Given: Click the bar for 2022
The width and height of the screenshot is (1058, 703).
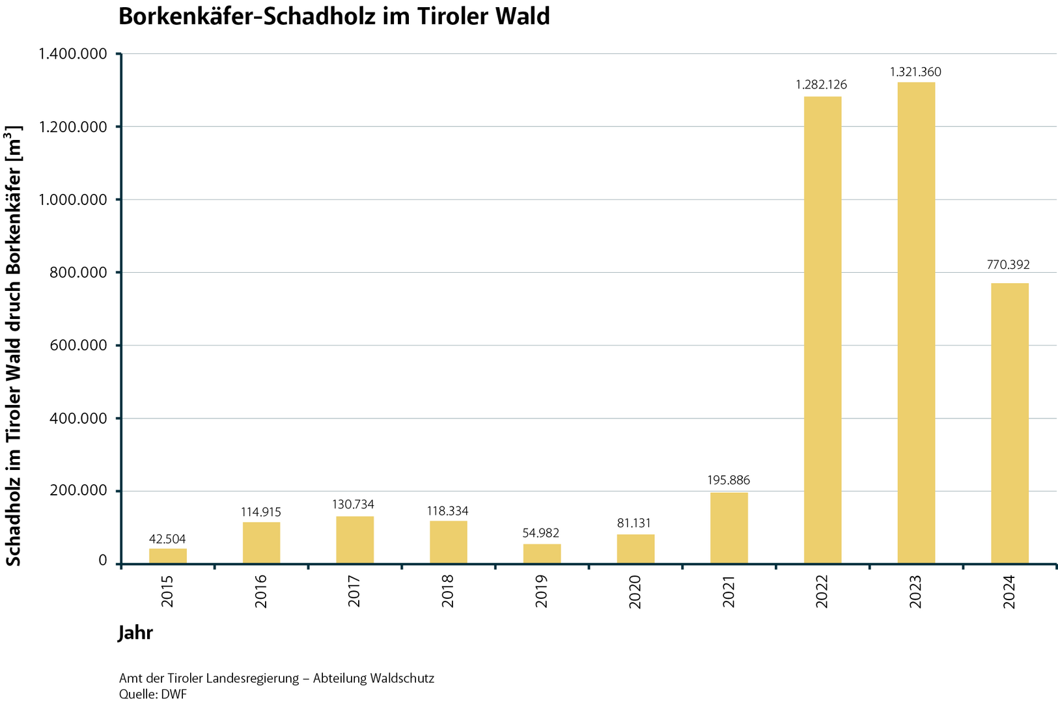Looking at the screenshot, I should [822, 329].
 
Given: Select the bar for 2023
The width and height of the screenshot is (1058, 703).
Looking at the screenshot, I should [916, 322].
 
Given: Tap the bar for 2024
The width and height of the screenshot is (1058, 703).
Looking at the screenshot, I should [1009, 423].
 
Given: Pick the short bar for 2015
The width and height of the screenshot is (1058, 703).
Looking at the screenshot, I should [168, 556].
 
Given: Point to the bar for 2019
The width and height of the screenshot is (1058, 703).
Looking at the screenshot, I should [542, 553].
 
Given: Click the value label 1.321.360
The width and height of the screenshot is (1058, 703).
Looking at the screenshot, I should [915, 72].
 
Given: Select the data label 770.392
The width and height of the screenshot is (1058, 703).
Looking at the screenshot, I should [1009, 265].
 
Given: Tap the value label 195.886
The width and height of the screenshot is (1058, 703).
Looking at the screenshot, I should [729, 480].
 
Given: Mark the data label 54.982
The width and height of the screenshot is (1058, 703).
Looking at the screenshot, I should [541, 533].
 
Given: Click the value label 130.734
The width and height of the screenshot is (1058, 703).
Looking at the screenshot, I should [354, 504].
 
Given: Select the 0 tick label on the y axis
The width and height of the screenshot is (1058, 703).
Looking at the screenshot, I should [103, 560].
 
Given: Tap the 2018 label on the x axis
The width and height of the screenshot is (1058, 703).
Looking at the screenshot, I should [448, 592].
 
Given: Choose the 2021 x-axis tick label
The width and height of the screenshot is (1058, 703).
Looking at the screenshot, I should [729, 592].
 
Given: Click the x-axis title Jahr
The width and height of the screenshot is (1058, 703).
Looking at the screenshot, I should [135, 633].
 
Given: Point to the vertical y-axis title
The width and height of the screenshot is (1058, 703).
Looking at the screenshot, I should [14, 345].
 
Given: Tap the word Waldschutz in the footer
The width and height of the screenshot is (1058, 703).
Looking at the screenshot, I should [401, 678].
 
